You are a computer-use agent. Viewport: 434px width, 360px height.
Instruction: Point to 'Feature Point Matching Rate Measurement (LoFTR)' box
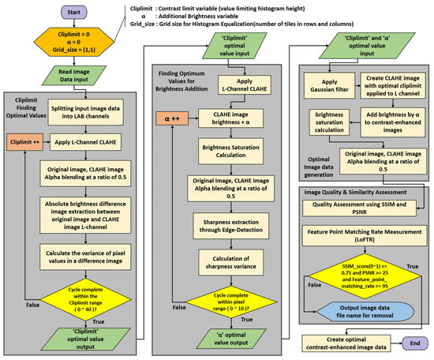tap(359, 236)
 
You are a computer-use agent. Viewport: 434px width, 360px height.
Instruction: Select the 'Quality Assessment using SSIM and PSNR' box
tap(359, 209)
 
